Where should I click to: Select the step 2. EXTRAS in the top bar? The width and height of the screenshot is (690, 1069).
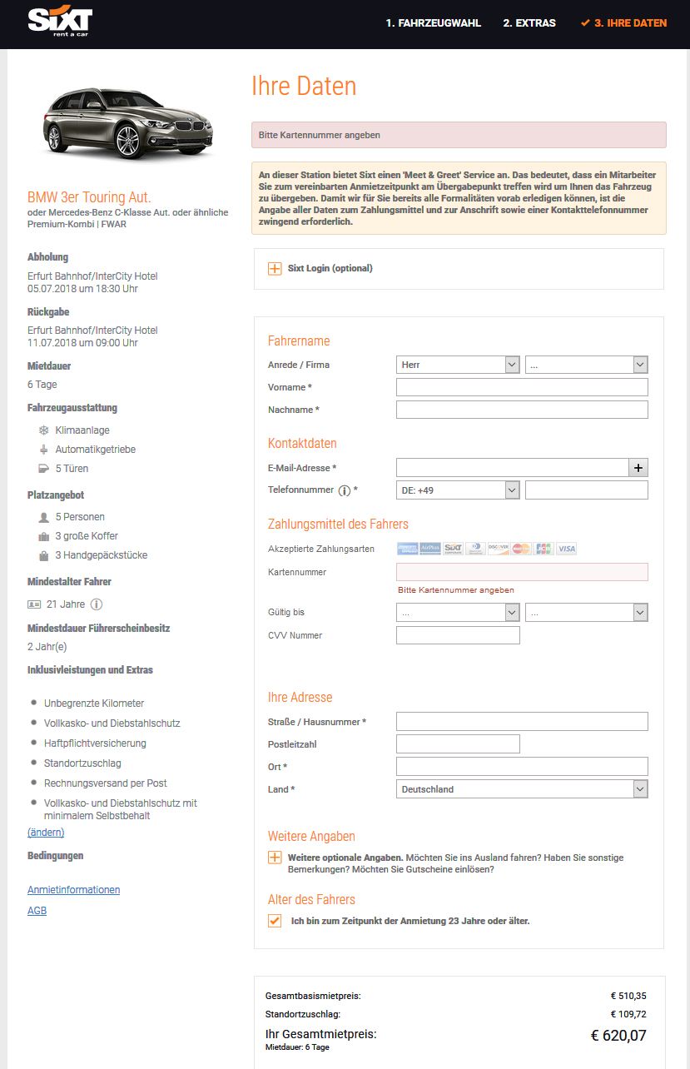pyautogui.click(x=529, y=23)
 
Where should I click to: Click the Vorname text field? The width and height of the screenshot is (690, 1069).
pyautogui.click(x=522, y=387)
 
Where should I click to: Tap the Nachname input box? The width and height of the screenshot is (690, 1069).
pyautogui.click(x=522, y=410)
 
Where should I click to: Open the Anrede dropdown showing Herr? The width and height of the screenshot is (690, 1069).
pyautogui.click(x=459, y=365)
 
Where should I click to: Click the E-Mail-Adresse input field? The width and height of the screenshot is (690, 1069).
pyautogui.click(x=512, y=468)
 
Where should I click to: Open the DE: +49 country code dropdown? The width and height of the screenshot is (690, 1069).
pyautogui.click(x=459, y=490)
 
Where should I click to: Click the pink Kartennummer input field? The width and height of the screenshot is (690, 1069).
pyautogui.click(x=522, y=572)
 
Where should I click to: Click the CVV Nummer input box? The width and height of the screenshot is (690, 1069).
pyautogui.click(x=458, y=635)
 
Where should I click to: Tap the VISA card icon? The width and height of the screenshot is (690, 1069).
pyautogui.click(x=567, y=549)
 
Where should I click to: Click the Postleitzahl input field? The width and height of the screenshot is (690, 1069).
pyautogui.click(x=458, y=743)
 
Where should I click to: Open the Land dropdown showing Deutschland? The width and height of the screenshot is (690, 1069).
pyautogui.click(x=522, y=789)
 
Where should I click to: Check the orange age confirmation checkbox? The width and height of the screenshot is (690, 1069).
pyautogui.click(x=275, y=921)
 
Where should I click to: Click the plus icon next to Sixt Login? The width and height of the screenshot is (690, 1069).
pyautogui.click(x=275, y=268)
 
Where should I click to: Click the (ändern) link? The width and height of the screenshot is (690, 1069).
pyautogui.click(x=46, y=833)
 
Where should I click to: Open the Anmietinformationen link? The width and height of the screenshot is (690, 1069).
pyautogui.click(x=73, y=890)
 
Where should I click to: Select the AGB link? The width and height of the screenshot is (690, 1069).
pyautogui.click(x=37, y=911)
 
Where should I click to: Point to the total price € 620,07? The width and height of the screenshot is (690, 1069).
pyautogui.click(x=618, y=1036)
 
